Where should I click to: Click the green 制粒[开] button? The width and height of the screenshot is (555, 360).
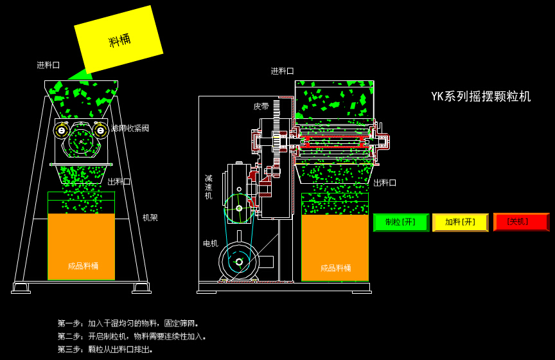tap(401, 222)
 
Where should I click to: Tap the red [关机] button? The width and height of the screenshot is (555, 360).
tap(521, 222)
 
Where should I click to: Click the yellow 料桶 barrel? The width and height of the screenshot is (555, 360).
tap(119, 40)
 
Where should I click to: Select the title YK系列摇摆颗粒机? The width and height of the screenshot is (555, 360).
tap(480, 96)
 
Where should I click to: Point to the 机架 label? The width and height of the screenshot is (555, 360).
tap(150, 218)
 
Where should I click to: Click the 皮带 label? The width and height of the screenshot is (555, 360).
tap(261, 107)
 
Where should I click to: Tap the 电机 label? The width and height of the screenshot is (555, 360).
tap(210, 244)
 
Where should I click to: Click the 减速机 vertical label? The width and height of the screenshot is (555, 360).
tap(209, 187)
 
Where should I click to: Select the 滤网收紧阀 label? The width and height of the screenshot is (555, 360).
tap(130, 129)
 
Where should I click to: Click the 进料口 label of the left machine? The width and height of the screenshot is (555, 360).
tap(48, 65)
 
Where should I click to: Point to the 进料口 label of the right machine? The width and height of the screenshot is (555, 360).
tap(282, 71)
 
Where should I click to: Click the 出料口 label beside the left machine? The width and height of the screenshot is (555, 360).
tap(119, 182)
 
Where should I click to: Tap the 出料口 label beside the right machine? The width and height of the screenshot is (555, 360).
tap(385, 183)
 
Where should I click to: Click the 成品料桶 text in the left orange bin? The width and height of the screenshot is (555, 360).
tap(83, 266)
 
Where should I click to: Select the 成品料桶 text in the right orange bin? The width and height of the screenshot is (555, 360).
tap(335, 268)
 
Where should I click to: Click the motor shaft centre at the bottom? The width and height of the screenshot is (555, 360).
tap(239, 262)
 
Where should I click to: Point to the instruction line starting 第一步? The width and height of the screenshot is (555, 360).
tap(129, 323)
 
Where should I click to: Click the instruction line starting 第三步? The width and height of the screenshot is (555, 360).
tap(106, 350)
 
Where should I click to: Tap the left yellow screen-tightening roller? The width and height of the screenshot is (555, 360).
tap(62, 130)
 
